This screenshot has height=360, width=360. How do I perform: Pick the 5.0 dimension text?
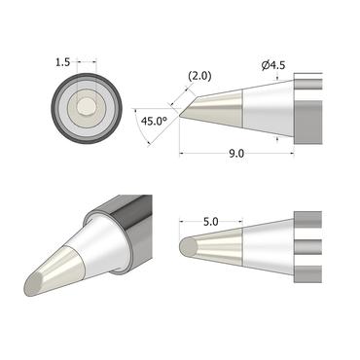[213, 222]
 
